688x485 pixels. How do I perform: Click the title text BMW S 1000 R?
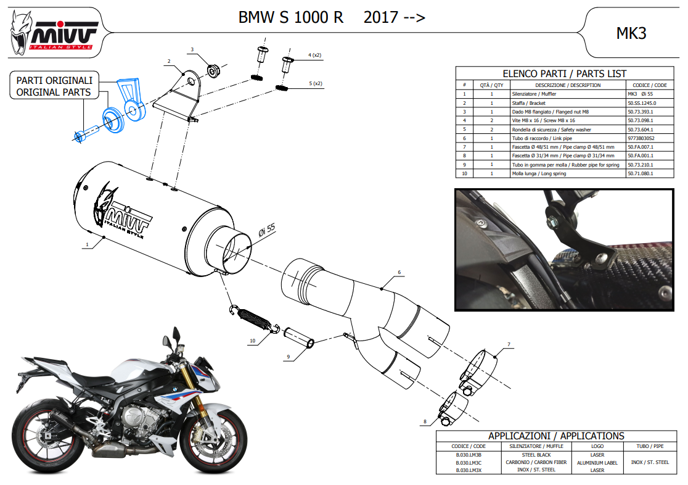(291, 18)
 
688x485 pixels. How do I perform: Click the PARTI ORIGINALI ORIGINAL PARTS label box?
(54, 86)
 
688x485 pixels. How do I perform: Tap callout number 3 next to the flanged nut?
(192, 49)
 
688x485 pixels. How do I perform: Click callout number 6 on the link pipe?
(399, 272)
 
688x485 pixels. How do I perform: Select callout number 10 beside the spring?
(253, 341)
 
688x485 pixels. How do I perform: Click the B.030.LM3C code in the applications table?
(469, 462)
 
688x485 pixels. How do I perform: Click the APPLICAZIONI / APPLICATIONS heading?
(556, 436)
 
